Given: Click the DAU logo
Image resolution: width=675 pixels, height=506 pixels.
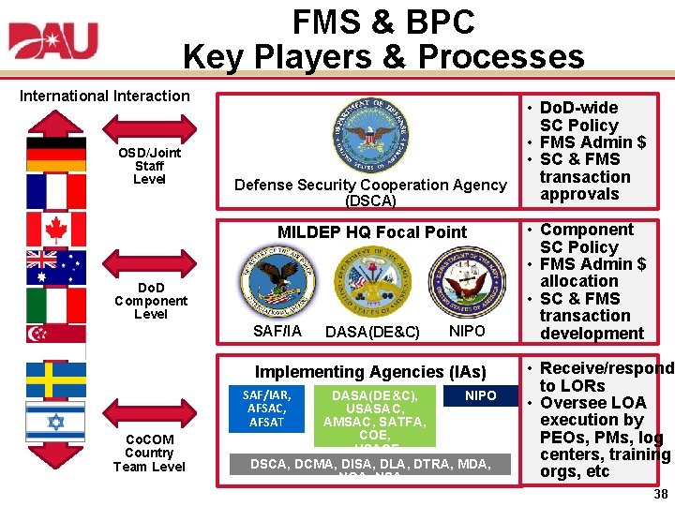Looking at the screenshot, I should tap(53, 41).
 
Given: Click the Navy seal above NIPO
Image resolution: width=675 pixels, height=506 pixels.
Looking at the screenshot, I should tap(465, 282).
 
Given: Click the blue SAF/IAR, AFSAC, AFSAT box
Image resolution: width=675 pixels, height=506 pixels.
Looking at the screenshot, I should tap(267, 409).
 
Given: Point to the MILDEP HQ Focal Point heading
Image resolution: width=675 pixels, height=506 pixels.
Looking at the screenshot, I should tap(372, 232).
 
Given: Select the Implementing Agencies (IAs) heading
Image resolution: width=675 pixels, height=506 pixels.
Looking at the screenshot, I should tap(371, 372).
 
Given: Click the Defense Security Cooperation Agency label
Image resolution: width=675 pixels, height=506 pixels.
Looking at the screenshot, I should tap(370, 192).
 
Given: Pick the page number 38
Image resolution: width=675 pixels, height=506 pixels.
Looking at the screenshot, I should tap(660, 494).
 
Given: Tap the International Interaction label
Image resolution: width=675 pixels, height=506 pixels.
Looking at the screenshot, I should tap(105, 96).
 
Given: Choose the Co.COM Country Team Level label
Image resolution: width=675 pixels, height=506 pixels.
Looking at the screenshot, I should tap(149, 453).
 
